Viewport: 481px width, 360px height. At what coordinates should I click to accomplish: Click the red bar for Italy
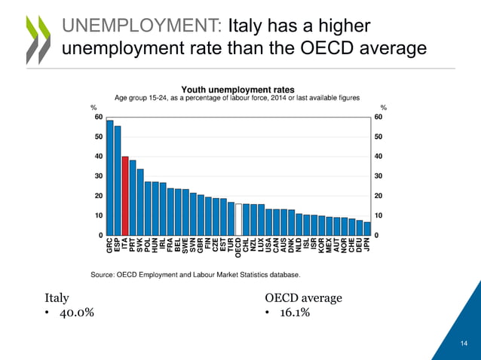coord(125,196)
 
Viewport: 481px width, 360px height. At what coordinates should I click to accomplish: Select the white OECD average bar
coord(239,219)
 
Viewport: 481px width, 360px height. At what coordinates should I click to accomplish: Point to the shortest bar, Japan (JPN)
coord(367,229)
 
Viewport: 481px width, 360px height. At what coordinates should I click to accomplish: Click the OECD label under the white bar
coord(239,249)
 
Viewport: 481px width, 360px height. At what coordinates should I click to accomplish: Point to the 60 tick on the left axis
coord(98,117)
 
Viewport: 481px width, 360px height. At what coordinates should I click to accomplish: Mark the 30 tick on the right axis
coord(378,176)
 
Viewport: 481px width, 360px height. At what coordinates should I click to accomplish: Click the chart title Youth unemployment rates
coord(236,90)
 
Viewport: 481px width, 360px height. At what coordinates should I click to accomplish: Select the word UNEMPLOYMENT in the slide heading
coord(141,27)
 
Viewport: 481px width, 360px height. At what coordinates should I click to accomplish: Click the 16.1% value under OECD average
coord(291,313)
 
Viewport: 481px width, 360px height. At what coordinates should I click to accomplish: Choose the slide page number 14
coord(464,344)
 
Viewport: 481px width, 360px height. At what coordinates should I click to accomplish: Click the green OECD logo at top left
coord(36,38)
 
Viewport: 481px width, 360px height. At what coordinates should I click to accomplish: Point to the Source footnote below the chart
coord(195,274)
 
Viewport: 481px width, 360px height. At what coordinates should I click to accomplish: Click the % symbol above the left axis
coord(93,108)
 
